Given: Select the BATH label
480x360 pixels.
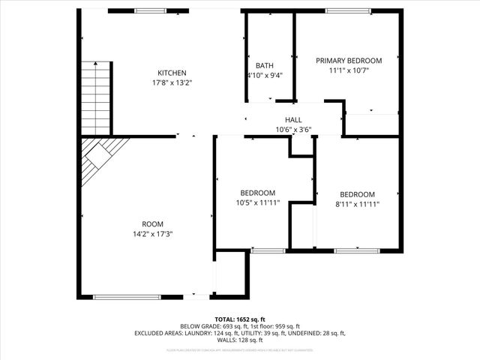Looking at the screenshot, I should pyautogui.click(x=265, y=65).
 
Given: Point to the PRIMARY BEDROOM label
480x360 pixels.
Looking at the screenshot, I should pyautogui.click(x=349, y=61).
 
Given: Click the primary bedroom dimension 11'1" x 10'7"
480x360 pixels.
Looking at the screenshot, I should pyautogui.click(x=349, y=70).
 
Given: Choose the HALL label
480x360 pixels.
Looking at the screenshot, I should pyautogui.click(x=293, y=120).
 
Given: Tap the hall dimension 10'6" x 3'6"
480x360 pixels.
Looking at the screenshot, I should pyautogui.click(x=293, y=130).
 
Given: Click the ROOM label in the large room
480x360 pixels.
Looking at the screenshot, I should pyautogui.click(x=153, y=224).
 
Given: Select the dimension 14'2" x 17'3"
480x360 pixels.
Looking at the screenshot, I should pyautogui.click(x=153, y=234).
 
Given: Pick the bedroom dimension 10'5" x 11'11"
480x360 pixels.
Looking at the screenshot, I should pyautogui.click(x=257, y=202).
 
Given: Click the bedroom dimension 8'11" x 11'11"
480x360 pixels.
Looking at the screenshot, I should pyautogui.click(x=357, y=203).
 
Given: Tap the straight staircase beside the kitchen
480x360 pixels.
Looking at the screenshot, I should pyautogui.click(x=96, y=95).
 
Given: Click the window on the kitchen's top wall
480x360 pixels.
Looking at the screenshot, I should pyautogui.click(x=151, y=11).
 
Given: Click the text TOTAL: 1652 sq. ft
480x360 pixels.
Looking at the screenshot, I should pyautogui.click(x=239, y=319).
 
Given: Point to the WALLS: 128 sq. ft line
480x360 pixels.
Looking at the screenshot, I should pyautogui.click(x=239, y=340).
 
